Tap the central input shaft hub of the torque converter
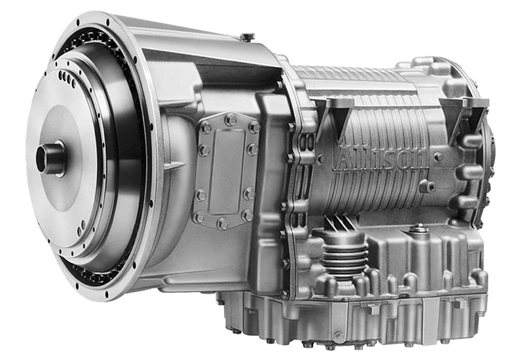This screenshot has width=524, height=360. pyautogui.click(x=50, y=158)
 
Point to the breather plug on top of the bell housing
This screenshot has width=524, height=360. pyautogui.click(x=248, y=37)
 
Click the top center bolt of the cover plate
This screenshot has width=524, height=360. pyautogui.click(x=231, y=119)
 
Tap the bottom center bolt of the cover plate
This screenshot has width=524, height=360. pyautogui.click(x=223, y=223)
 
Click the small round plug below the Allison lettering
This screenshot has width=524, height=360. pyautogui.click(x=428, y=186)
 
